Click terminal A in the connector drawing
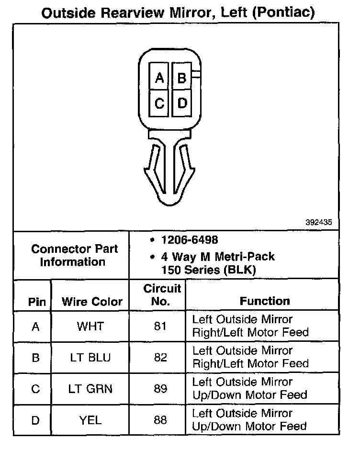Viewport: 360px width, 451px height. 160,78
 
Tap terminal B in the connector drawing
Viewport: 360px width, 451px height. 181,78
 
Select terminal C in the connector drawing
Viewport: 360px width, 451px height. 160,103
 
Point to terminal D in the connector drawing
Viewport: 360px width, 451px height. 182,103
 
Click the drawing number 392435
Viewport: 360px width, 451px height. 319,223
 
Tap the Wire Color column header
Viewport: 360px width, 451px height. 92,302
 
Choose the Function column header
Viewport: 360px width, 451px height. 265,301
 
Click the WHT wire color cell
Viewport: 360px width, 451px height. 90,327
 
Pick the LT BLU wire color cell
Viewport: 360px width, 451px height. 90,358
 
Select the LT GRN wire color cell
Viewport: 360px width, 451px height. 90,389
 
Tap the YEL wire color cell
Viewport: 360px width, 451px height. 90,420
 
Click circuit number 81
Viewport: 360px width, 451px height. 160,327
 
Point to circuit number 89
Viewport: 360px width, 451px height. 160,389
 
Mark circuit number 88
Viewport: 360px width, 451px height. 160,420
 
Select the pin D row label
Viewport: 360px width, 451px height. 35,420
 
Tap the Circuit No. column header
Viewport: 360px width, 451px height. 162,295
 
